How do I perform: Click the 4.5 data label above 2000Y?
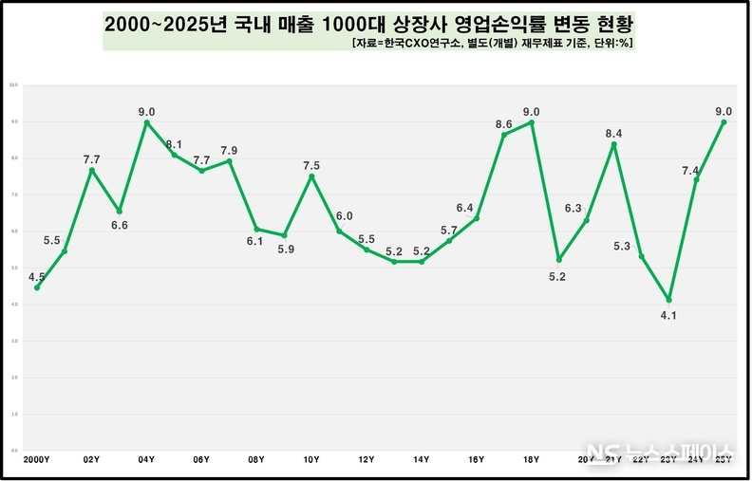(37, 278)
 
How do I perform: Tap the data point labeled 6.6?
(120, 211)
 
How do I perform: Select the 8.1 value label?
(174, 145)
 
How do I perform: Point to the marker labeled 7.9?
(229, 161)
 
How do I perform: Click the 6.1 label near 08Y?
(255, 242)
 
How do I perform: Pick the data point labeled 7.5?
(311, 176)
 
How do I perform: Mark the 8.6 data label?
(504, 124)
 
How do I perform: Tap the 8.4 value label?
(613, 133)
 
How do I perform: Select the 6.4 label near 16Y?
(464, 207)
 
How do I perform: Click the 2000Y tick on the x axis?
(37, 459)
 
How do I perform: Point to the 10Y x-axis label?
(311, 459)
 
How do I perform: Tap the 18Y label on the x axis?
(531, 459)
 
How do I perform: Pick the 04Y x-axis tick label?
(146, 459)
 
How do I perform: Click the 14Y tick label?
(421, 459)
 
